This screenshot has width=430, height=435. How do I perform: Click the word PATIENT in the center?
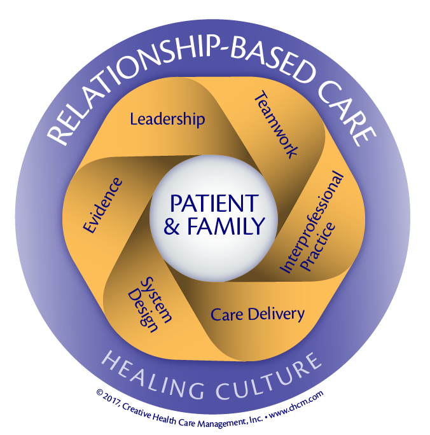pyautogui.click(x=213, y=205)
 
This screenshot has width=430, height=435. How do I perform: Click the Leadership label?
pyautogui.click(x=167, y=118)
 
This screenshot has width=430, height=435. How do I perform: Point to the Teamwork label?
pyautogui.click(x=276, y=124)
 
